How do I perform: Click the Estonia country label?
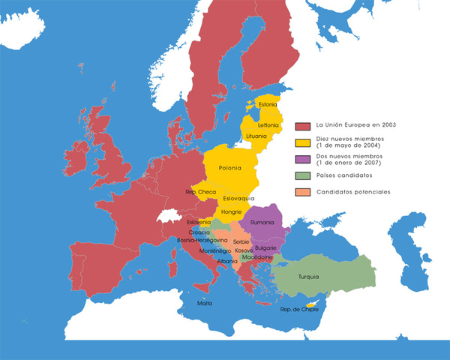point(268,104)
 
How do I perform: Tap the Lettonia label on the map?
point(267,124)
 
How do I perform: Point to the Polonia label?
point(230,168)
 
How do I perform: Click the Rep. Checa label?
point(200,192)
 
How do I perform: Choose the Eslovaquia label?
point(239,198)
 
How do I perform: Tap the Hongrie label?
point(231,212)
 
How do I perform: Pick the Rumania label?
point(262,223)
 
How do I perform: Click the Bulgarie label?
point(265,247)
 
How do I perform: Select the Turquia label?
point(308,277)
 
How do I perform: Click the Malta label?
point(204,303)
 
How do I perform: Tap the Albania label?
point(227,261)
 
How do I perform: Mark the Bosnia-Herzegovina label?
point(202,240)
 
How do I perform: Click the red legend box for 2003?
point(303,125)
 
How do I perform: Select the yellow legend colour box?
point(303,142)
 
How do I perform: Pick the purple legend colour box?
point(303,159)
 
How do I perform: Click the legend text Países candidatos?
point(343,175)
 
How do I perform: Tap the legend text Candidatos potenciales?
point(353,192)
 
